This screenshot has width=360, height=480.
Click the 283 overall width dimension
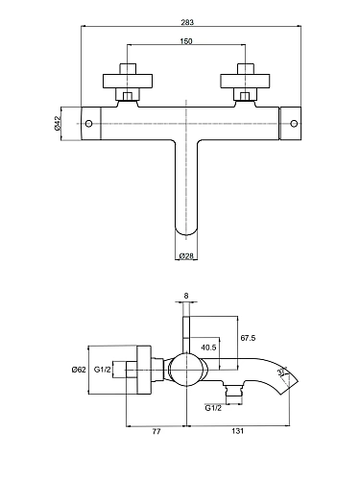(187, 22)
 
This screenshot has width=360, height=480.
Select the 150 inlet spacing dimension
(186, 41)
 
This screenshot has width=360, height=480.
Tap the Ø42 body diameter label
(58, 123)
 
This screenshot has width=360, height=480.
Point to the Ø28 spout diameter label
(186, 255)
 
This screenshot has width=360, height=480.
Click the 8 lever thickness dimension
(186, 296)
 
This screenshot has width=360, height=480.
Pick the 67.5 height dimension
(248, 338)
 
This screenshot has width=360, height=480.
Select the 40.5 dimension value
(208, 347)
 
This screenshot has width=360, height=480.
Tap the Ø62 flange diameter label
(79, 370)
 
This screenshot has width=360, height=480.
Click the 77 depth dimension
(156, 431)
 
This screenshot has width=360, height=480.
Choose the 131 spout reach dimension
(237, 431)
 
